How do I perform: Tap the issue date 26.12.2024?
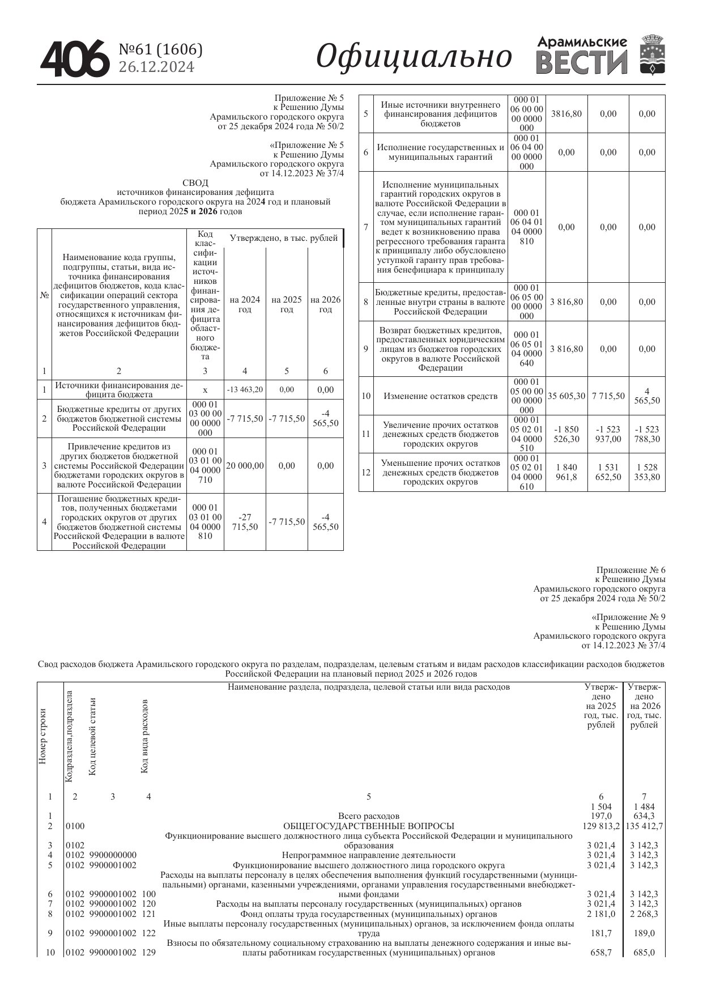coord(156,67)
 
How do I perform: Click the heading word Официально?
coord(414,57)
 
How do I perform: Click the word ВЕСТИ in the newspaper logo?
coord(582,63)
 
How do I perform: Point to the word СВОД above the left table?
coord(195,183)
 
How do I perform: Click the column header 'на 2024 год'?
coord(245,304)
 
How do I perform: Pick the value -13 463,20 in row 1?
coord(245,390)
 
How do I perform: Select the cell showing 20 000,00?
coord(245,466)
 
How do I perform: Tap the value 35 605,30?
coord(566,396)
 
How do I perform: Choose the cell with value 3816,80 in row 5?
coord(566,114)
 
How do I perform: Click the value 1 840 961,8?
coord(566,472)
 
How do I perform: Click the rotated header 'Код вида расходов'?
coord(144,736)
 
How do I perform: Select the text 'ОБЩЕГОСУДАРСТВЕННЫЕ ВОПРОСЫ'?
coord(368,826)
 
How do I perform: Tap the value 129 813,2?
coord(601,826)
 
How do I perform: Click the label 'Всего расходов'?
coord(368,816)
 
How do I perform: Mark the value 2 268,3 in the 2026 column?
coord(644,914)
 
